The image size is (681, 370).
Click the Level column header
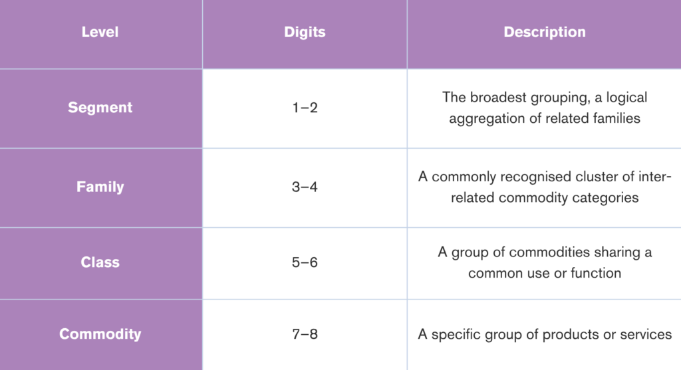point(100,32)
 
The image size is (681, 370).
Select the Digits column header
point(305,32)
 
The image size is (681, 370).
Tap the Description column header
point(545,32)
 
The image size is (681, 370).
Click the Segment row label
point(100,108)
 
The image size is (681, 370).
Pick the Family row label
point(100,187)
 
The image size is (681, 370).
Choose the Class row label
point(100,262)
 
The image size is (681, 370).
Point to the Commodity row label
point(100,334)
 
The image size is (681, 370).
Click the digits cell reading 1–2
point(305,108)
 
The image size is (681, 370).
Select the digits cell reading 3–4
point(305,187)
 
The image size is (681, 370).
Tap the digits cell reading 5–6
point(305,262)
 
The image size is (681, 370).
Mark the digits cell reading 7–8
point(305,334)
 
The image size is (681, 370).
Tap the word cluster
point(600,177)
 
